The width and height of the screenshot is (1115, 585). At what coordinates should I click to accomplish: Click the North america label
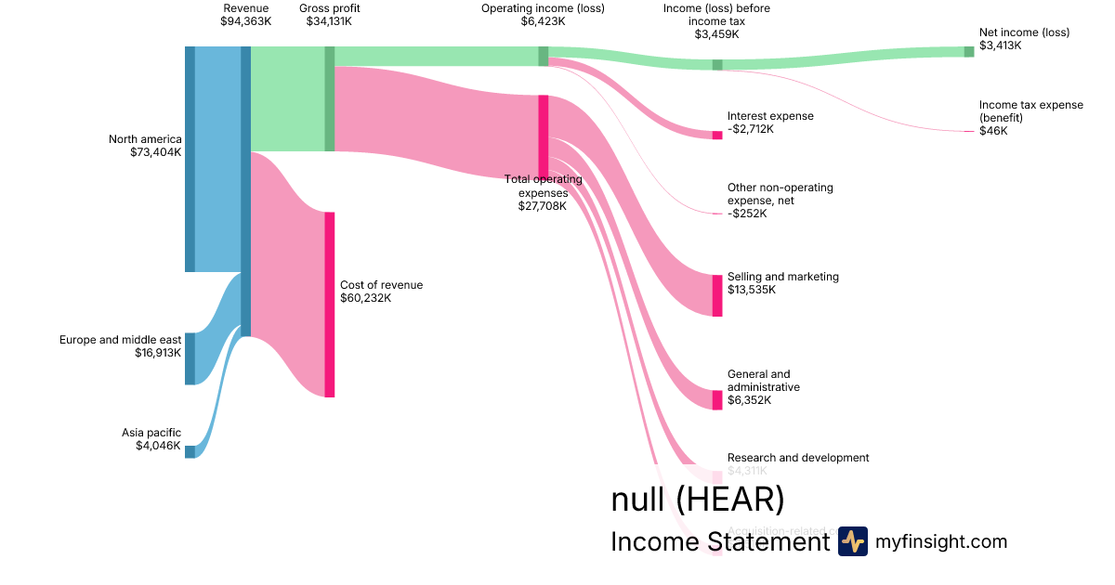click(145, 139)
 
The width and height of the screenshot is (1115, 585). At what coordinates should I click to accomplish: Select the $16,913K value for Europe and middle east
click(158, 353)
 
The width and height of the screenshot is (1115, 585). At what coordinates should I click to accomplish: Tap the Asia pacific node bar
click(190, 451)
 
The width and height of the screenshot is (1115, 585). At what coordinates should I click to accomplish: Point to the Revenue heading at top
click(245, 8)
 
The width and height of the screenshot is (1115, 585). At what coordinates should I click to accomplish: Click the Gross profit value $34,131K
click(329, 21)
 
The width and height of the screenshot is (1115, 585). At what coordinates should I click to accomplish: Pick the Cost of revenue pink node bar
click(329, 305)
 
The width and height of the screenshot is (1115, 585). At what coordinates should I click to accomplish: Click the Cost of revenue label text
click(381, 285)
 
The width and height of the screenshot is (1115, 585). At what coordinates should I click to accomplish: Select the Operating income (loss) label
click(543, 8)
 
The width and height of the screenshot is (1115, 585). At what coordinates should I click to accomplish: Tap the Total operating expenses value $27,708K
click(542, 206)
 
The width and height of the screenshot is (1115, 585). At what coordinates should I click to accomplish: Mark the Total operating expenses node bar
click(543, 135)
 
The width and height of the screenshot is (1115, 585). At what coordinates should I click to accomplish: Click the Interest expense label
click(770, 116)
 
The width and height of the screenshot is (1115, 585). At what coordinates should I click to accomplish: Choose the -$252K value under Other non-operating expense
click(747, 214)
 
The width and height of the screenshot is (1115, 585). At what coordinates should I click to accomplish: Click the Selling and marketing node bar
click(717, 295)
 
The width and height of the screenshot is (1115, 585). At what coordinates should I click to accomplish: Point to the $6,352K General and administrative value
click(749, 400)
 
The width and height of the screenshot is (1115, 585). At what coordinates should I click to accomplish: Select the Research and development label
click(798, 458)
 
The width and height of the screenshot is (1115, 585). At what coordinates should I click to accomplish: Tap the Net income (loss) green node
click(969, 51)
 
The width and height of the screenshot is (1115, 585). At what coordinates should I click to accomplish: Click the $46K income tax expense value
click(993, 131)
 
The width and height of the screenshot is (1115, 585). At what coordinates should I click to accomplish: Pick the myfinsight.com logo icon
click(852, 541)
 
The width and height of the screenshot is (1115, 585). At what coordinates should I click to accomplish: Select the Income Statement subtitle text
click(719, 542)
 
